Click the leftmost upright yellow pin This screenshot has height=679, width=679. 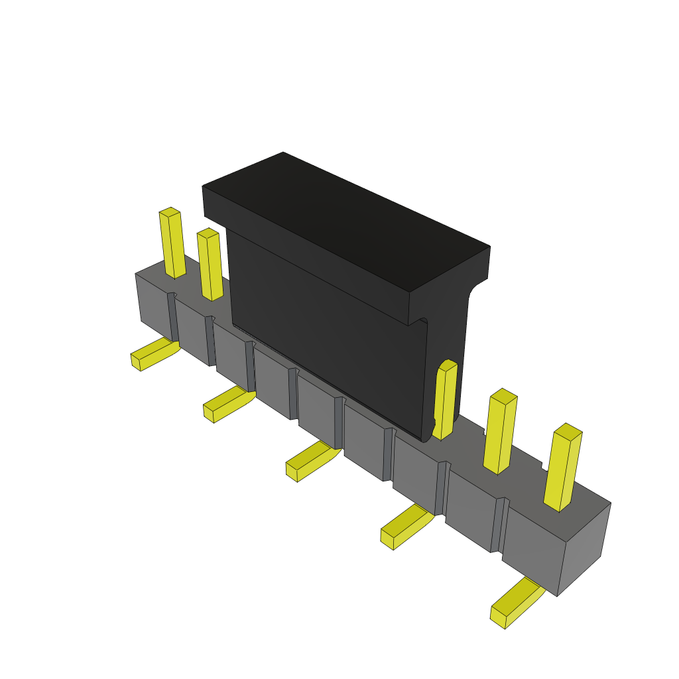coord(172,244)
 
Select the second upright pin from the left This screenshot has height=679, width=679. coord(210,265)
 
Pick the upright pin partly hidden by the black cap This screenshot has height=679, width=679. coord(446,400)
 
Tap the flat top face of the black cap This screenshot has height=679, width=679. coord(345,219)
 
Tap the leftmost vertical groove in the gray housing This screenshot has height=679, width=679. coord(173,317)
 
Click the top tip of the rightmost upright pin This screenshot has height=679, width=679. coord(568,432)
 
